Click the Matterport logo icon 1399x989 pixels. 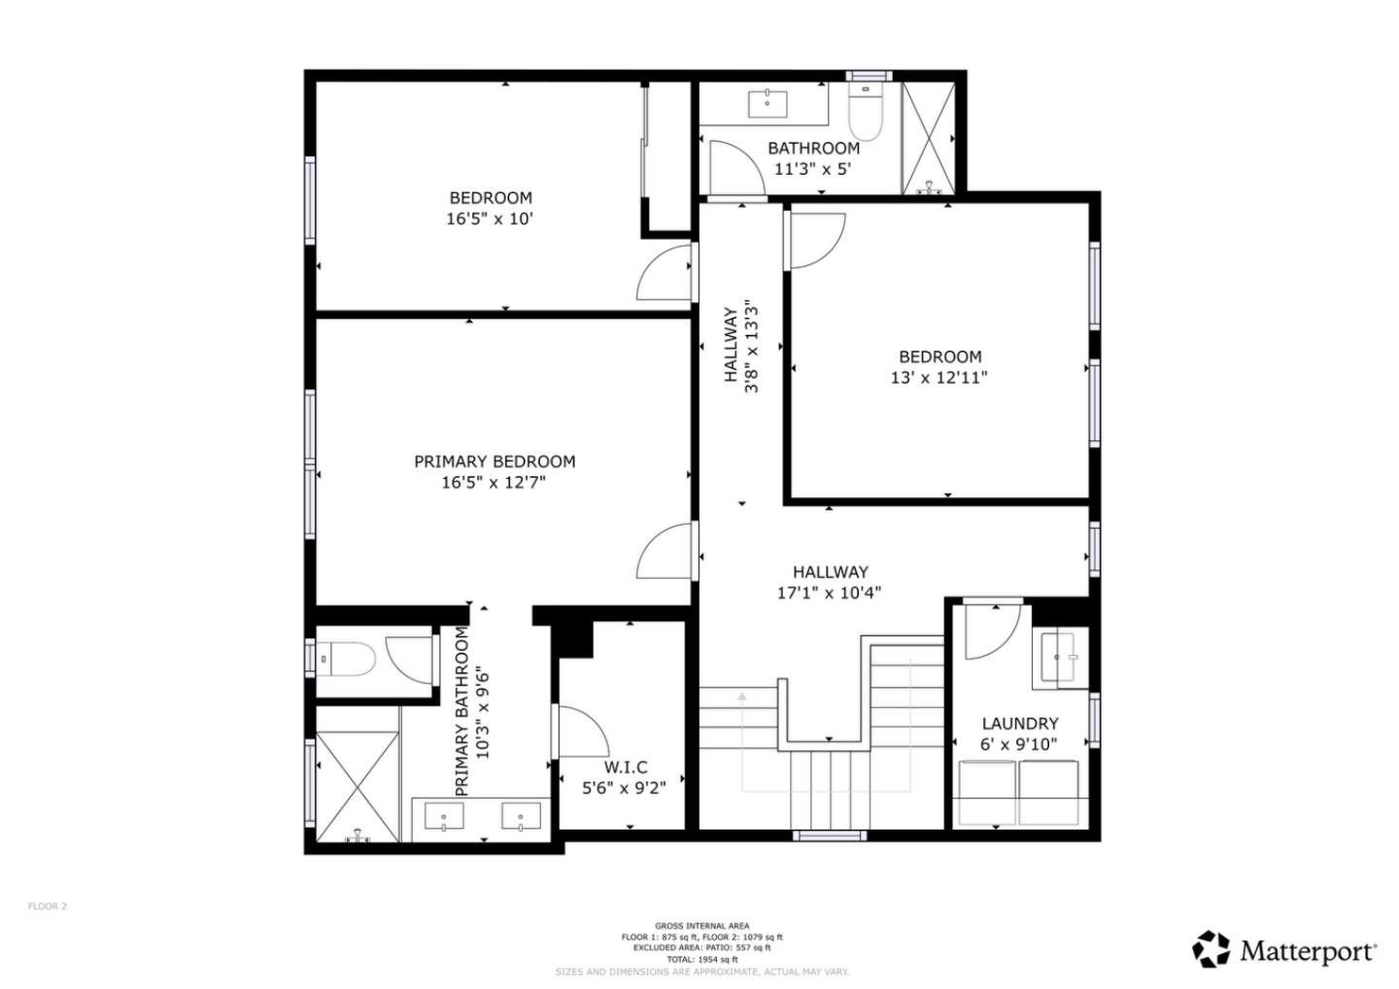click(x=1211, y=949)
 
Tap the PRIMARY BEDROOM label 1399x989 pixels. click(x=495, y=461)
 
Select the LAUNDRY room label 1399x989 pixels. click(x=1019, y=724)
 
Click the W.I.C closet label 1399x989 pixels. click(x=626, y=767)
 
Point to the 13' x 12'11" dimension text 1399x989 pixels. click(x=938, y=378)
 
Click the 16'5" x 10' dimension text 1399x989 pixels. click(x=490, y=220)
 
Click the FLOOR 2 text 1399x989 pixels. click(x=47, y=906)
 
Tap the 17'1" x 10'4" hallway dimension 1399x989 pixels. click(x=829, y=593)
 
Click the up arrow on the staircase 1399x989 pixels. click(x=742, y=697)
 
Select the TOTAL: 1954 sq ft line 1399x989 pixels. click(x=701, y=959)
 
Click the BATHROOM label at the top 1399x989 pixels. click(x=813, y=148)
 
